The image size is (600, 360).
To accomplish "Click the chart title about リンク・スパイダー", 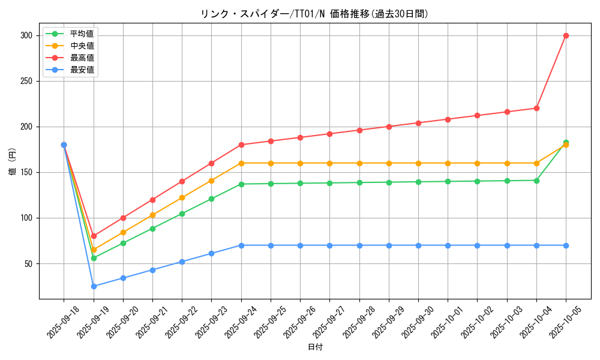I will [314, 14].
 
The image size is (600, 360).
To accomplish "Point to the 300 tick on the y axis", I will [26, 35].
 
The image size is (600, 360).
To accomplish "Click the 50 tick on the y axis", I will [28, 263].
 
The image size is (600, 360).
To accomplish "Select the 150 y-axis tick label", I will [26, 172].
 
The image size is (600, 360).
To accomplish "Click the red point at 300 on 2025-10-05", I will [566, 35].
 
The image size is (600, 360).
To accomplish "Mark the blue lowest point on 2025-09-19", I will [94, 286].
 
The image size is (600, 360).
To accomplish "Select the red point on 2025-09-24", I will [241, 145].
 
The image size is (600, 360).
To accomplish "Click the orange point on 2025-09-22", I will [182, 197].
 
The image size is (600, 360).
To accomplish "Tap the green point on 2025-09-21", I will [152, 229].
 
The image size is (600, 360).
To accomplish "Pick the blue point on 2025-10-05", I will [566, 245].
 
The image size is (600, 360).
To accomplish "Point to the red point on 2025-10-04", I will [536, 108].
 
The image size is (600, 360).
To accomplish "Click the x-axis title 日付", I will [314, 347].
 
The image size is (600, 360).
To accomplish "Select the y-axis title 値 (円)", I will [13, 162].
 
